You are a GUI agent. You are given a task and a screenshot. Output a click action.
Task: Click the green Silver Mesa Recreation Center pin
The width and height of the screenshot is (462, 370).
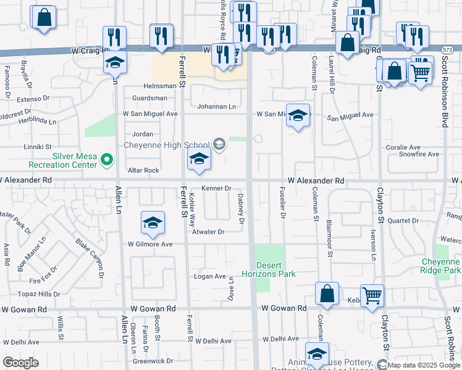[x=107, y=160]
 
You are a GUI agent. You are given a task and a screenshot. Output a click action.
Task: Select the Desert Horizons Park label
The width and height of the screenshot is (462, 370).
[x=269, y=269]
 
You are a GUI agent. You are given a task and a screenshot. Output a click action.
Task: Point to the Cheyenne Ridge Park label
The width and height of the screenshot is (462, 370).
[x=441, y=266]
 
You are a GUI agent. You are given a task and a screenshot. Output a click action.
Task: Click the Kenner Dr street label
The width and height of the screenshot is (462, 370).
[x=216, y=188]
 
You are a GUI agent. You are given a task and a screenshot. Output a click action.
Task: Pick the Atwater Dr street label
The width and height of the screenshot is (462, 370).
[x=208, y=232]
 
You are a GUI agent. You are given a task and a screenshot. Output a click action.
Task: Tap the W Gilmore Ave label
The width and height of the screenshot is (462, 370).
[x=150, y=244]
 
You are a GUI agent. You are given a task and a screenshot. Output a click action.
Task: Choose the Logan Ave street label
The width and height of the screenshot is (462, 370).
[x=210, y=276]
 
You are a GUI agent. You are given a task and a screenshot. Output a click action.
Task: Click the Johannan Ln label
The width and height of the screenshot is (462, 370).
[x=216, y=107]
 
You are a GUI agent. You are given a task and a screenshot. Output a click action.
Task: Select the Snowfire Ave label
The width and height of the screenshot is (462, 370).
[x=420, y=155]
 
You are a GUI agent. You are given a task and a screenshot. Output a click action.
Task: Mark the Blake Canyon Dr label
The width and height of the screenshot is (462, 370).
[x=87, y=251]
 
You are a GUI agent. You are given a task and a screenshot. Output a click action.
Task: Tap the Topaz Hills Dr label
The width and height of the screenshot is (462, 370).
[x=39, y=294]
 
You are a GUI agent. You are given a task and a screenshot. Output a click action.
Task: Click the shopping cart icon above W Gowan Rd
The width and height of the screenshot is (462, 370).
[x=372, y=295]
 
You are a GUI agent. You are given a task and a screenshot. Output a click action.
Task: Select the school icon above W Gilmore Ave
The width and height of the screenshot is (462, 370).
[x=153, y=223]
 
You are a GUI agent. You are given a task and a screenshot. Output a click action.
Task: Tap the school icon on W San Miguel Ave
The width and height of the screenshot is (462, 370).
[x=298, y=116]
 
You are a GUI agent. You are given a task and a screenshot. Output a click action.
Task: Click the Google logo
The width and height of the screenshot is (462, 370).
[x=20, y=363]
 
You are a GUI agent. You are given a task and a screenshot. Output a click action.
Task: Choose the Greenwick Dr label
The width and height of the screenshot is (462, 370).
[x=153, y=361]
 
